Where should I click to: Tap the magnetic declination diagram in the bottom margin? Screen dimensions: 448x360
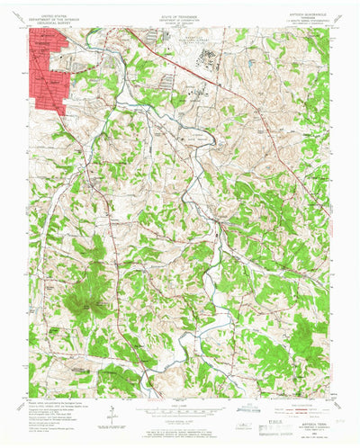107,413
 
